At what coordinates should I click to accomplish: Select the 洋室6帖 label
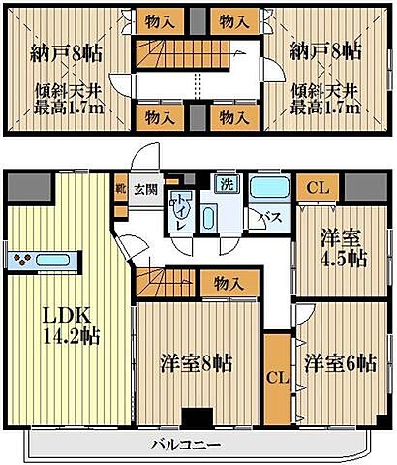(338, 364)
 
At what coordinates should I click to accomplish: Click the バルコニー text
(185, 445)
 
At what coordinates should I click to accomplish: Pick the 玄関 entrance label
(146, 190)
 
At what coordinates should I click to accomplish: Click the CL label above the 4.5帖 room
(316, 187)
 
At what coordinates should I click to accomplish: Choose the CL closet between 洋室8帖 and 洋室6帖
(276, 376)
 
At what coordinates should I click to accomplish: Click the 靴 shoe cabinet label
(121, 189)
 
